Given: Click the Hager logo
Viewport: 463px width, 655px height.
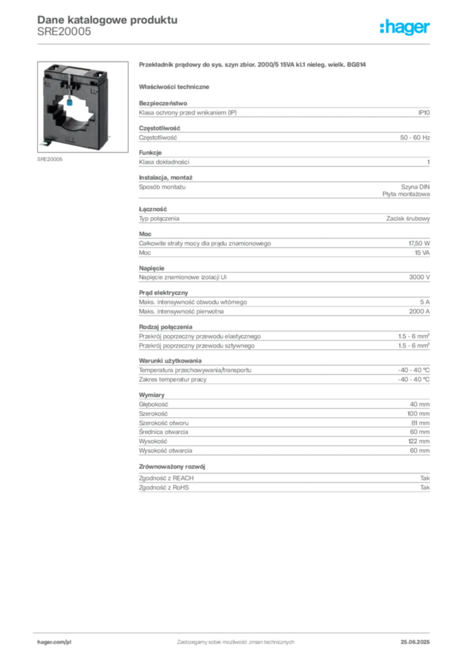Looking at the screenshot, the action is pos(405,27).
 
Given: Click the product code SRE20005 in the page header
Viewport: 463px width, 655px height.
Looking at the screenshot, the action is pos(64,32).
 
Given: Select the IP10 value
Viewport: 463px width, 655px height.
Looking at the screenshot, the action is pos(424,113).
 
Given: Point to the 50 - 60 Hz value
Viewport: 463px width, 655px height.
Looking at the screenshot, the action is pos(414,138).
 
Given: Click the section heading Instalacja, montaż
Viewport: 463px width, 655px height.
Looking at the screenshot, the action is pos(166,178).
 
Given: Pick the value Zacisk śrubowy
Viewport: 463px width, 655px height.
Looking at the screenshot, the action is pos(408,219).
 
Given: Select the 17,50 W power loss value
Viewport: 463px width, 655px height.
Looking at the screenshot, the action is pos(419,243).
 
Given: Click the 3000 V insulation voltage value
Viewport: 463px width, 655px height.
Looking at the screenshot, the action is pos(419,277).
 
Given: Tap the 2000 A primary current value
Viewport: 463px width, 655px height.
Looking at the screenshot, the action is pos(419,312).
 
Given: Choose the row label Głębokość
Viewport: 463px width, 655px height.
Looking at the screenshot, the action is pos(153,404).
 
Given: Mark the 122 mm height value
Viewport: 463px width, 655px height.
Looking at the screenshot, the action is pos(419,441).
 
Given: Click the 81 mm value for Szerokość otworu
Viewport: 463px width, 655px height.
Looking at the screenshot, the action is pos(420,423).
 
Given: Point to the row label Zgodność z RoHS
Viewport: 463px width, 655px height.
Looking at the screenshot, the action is pos(164,487).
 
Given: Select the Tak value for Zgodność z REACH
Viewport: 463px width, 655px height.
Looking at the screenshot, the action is pos(425,478).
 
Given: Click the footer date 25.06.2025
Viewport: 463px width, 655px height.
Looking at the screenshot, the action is pos(415,642).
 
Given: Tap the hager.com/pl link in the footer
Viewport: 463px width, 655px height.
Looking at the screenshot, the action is pos(54,642).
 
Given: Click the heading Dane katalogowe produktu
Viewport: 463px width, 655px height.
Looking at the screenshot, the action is pos(107,20).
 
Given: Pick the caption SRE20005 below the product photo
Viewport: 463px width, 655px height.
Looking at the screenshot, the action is pos(50,159).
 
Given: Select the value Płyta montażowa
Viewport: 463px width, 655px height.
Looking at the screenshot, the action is pos(406,194).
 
